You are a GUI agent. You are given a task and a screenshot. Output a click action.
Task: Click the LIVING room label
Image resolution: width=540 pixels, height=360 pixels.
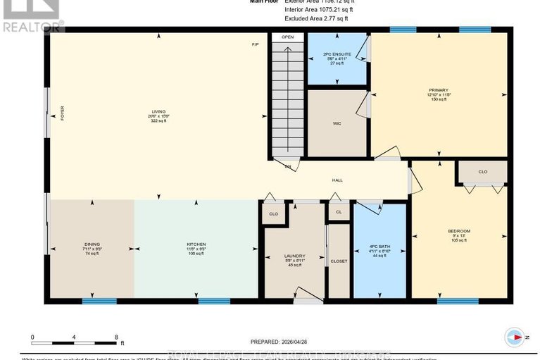point(158,112)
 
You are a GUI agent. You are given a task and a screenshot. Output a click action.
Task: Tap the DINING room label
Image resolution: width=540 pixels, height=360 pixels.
point(92,244)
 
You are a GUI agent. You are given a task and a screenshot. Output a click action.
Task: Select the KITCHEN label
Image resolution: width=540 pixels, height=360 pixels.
point(196,244)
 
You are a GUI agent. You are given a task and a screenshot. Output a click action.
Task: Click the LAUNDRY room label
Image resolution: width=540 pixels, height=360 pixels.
point(294,256)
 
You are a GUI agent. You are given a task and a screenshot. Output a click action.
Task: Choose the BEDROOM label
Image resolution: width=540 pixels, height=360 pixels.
point(458,231)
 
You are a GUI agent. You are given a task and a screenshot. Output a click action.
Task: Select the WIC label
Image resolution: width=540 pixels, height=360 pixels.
point(337,123)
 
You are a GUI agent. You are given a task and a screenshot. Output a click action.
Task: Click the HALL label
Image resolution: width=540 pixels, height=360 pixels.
point(337,180)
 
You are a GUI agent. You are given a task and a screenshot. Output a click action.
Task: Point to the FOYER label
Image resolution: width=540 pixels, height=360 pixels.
point(62,113)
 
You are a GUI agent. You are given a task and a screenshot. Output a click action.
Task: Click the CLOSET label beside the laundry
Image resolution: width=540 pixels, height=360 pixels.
point(339,261)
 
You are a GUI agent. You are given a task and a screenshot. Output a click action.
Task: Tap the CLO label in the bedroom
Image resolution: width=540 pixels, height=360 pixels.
point(482,171)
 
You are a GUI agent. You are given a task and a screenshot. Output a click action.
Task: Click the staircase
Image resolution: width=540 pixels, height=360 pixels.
point(287,99)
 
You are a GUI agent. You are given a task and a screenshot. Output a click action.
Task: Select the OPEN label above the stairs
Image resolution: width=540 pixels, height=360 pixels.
point(287,37)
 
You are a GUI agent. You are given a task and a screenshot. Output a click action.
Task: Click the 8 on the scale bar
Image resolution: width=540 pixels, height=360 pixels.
point(115,337)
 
